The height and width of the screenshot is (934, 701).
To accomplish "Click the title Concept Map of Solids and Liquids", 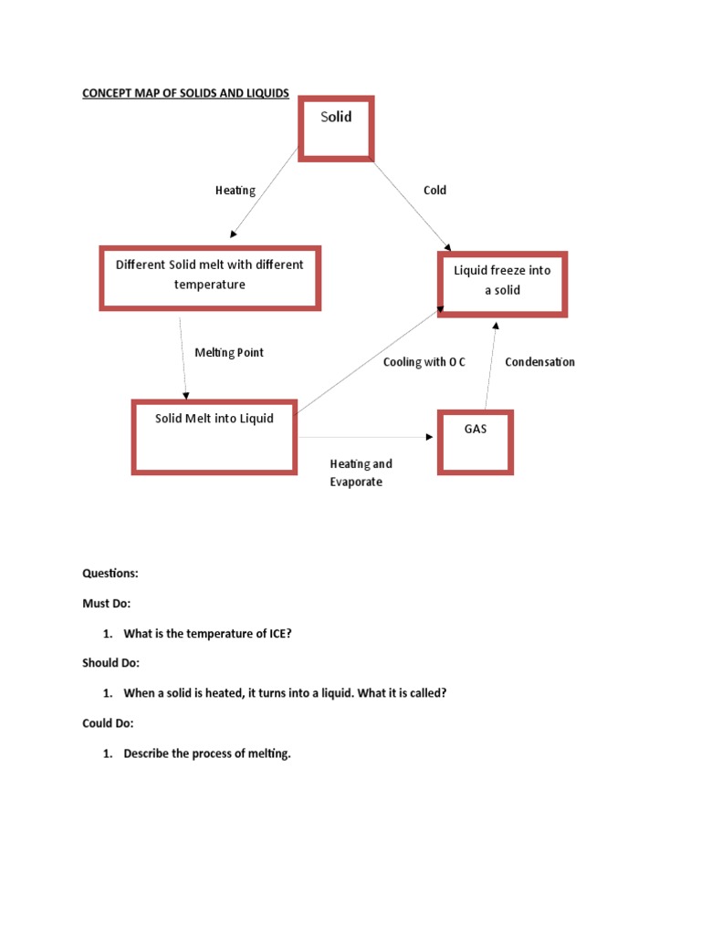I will click(185, 93).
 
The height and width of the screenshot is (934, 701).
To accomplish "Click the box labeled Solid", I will click(336, 128).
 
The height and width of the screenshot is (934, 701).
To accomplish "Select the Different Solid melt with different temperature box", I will click(210, 277).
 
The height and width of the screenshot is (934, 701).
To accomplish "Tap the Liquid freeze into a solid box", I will click(502, 284).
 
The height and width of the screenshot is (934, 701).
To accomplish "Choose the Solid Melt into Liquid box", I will click(214, 436).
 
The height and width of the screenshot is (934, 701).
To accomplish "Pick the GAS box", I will click(475, 442).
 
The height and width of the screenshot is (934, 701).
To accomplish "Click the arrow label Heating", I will click(235, 191).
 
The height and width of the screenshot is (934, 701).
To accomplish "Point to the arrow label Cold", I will click(434, 191).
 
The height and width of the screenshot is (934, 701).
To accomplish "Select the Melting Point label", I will click(229, 353).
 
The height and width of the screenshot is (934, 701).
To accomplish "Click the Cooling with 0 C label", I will click(424, 362).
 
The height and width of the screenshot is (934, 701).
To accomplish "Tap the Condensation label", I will click(539, 362).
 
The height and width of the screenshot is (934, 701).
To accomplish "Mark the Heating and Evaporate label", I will click(361, 472).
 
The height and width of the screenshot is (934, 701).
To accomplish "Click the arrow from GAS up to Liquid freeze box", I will click(491, 365).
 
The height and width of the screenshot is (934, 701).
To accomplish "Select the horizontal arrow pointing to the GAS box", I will click(365, 437).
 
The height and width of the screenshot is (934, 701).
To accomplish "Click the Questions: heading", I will click(110, 574).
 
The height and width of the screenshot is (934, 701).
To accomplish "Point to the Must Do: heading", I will click(108, 604).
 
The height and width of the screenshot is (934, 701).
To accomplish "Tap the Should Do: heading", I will click(111, 663).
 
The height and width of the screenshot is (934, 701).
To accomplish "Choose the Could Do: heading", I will click(108, 723).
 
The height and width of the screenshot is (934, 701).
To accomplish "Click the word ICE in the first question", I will click(276, 634).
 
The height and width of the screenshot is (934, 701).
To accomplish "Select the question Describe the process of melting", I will click(207, 753).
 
